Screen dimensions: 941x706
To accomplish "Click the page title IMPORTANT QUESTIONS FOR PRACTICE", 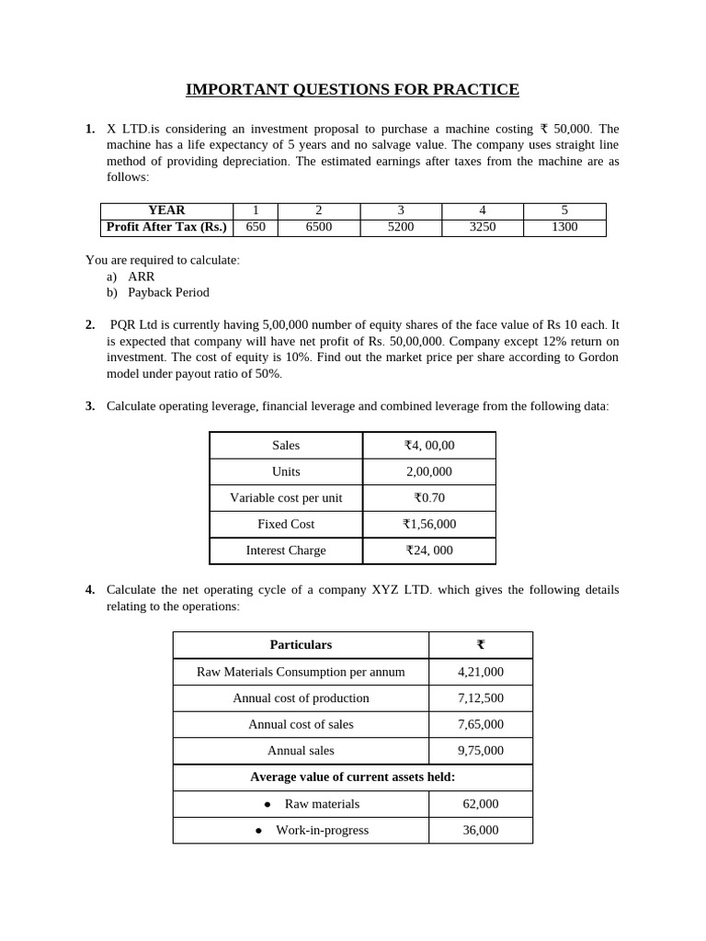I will pyautogui.click(x=352, y=89).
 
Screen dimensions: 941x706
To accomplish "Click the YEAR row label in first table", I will pyautogui.click(x=166, y=210).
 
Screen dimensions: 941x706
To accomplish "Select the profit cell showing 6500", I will pyautogui.click(x=318, y=227).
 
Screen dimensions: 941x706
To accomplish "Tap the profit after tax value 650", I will pyautogui.click(x=256, y=227).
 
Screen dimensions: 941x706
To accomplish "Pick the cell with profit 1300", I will pyautogui.click(x=564, y=227).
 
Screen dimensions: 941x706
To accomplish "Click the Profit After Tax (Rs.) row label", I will pyautogui.click(x=166, y=227).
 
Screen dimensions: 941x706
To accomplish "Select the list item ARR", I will pyautogui.click(x=142, y=276).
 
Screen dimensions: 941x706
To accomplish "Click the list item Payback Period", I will pyautogui.click(x=168, y=292).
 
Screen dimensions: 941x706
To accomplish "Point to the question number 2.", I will pyautogui.click(x=90, y=324).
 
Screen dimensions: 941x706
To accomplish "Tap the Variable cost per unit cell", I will pyautogui.click(x=286, y=498).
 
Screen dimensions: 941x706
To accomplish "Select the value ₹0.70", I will pyautogui.click(x=429, y=498).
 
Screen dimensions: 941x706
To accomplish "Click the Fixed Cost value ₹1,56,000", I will pyautogui.click(x=429, y=524).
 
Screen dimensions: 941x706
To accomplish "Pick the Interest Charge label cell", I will pyautogui.click(x=286, y=550).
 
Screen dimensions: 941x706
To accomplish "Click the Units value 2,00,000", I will pyautogui.click(x=429, y=471).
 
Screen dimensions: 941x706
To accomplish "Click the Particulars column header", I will pyautogui.click(x=301, y=645).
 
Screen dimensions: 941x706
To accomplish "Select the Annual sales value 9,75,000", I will pyautogui.click(x=480, y=751).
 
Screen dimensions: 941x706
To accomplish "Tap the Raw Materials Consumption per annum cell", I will pyautogui.click(x=301, y=672).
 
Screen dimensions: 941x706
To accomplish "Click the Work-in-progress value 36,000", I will pyautogui.click(x=480, y=830).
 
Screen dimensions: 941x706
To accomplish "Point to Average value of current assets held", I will pyautogui.click(x=352, y=777).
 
